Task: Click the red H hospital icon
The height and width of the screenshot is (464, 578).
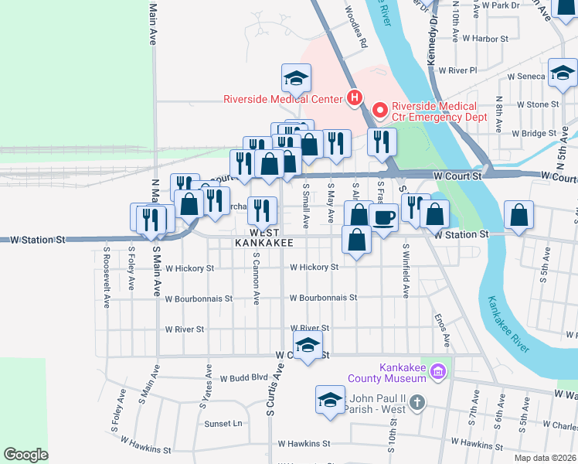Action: point(354,98)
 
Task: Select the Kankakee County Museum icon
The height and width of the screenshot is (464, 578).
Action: point(439,373)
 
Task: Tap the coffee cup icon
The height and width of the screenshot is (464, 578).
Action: point(383,217)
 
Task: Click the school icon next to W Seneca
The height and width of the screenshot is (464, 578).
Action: point(563,74)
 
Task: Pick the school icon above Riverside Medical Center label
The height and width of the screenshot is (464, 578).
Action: point(296,77)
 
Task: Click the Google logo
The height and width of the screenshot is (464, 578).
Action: point(26,454)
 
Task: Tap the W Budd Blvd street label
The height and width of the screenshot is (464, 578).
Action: point(243,379)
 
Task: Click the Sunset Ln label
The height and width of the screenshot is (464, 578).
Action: point(223,424)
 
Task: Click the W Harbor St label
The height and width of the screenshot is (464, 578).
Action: point(484,38)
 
